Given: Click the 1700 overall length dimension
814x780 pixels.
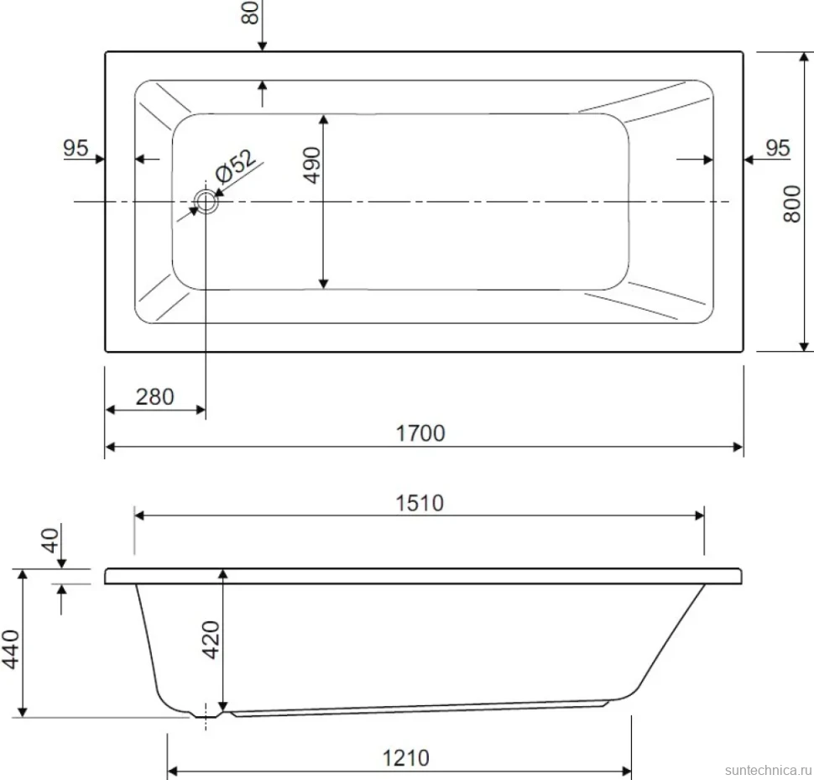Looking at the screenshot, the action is (x=420, y=433).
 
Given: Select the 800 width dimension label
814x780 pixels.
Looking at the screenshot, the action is (x=792, y=203).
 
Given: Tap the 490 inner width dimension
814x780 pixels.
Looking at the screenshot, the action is (x=312, y=165).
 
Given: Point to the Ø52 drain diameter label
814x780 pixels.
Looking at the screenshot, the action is (x=236, y=166).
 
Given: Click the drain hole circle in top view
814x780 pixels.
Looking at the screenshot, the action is (x=206, y=202).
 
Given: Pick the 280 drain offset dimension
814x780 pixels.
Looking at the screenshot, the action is (x=154, y=397).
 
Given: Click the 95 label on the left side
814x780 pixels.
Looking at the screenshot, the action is (x=76, y=149).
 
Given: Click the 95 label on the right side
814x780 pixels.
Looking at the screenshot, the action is (x=778, y=149).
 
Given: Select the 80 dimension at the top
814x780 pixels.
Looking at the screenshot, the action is (x=250, y=12).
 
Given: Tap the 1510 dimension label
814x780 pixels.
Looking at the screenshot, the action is (x=420, y=503).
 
